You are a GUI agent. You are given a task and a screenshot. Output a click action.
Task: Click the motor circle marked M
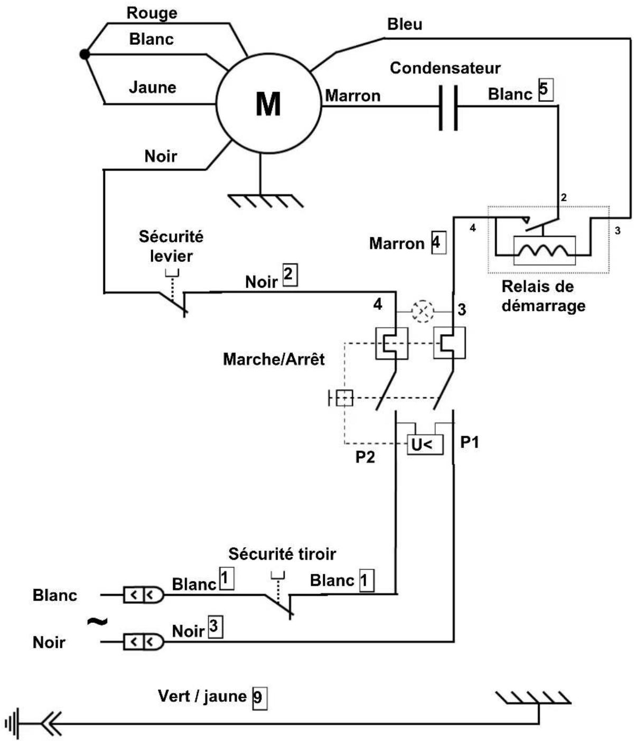268,104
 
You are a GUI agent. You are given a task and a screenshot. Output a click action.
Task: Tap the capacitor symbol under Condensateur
448,107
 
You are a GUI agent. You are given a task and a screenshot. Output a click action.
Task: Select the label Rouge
152,13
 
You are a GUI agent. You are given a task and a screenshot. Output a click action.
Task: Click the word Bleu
405,24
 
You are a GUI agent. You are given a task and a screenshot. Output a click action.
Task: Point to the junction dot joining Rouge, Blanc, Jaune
84,54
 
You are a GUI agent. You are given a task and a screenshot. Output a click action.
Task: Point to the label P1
470,442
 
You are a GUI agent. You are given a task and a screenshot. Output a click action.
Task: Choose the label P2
364,456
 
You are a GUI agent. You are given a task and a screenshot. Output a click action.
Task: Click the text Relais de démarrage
543,296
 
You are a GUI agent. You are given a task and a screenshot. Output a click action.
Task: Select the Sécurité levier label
171,246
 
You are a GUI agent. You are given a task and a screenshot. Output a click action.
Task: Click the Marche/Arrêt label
274,359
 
